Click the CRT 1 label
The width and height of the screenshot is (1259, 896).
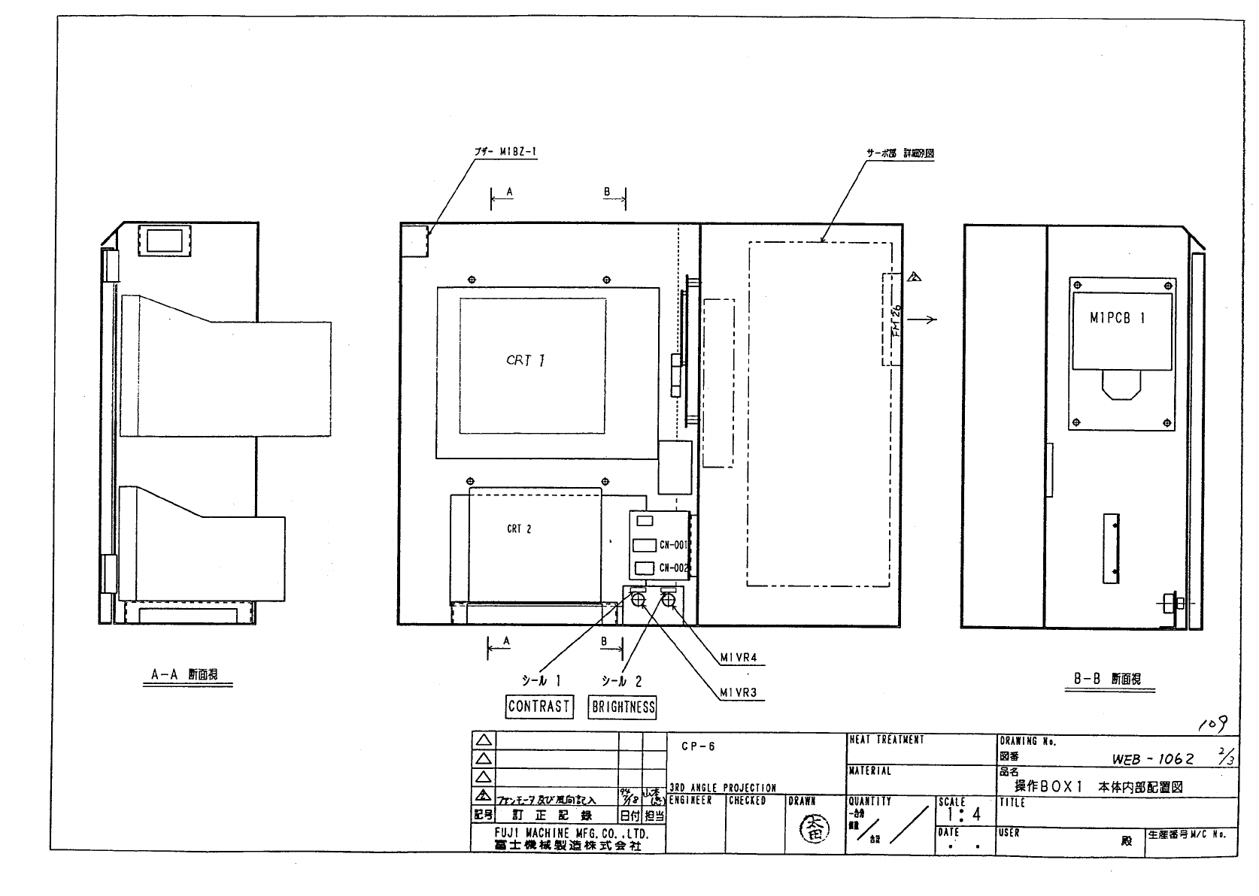click(526, 361)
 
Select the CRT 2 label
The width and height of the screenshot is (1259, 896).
click(519, 529)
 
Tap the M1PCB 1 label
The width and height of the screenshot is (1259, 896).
click(1117, 318)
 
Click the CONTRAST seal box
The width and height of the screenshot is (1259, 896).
click(538, 706)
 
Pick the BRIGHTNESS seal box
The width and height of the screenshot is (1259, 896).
click(623, 707)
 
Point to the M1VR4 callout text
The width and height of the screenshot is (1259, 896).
click(738, 658)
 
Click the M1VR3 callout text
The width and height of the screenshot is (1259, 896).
click(738, 692)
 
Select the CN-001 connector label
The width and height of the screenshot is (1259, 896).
click(674, 546)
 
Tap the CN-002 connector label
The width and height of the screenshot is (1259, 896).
click(674, 568)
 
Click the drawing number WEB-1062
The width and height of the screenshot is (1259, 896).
click(1152, 759)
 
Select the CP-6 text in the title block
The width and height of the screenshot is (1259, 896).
click(698, 746)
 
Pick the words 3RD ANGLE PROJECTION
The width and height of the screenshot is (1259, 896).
click(722, 788)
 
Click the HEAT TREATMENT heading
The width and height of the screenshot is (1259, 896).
click(886, 740)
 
